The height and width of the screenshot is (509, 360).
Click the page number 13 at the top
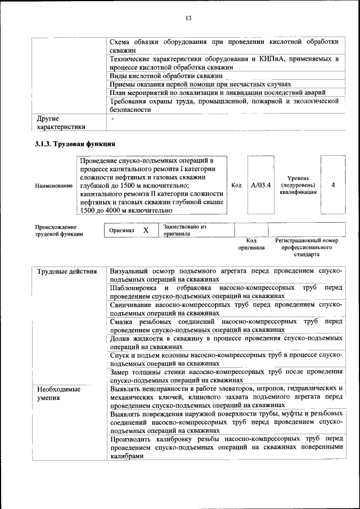(x=188, y=19)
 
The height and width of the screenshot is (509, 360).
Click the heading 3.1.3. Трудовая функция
(x=75, y=144)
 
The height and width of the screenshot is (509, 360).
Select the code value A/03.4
(x=260, y=184)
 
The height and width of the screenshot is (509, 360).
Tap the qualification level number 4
(x=333, y=184)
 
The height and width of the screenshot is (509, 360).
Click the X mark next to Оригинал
(x=146, y=231)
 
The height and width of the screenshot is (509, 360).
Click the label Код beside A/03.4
(x=236, y=184)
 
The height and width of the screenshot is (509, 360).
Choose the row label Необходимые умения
(x=58, y=393)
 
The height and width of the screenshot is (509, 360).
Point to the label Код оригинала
(x=251, y=244)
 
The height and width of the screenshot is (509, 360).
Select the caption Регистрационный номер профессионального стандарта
(x=307, y=247)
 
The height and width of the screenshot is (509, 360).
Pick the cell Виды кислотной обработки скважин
(x=166, y=75)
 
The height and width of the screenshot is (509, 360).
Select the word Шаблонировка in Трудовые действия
(x=134, y=288)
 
